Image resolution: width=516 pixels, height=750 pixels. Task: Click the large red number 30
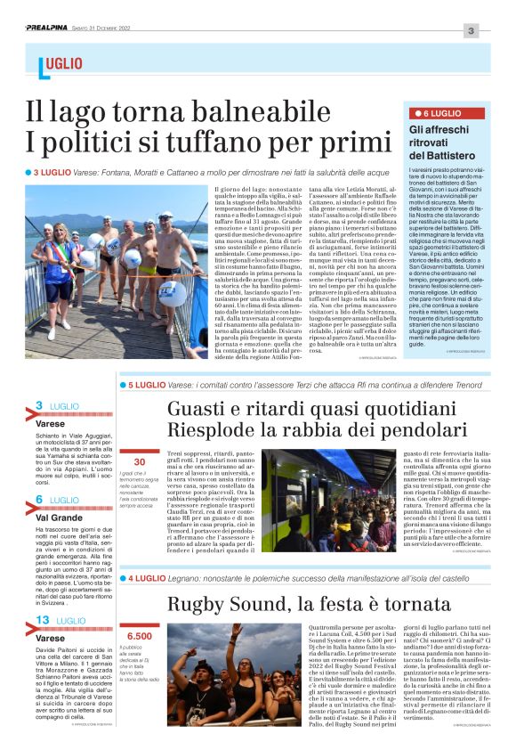(x=139, y=461)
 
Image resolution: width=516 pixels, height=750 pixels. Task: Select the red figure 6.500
(x=140, y=636)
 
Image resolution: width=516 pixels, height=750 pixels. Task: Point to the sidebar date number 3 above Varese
(x=39, y=406)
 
